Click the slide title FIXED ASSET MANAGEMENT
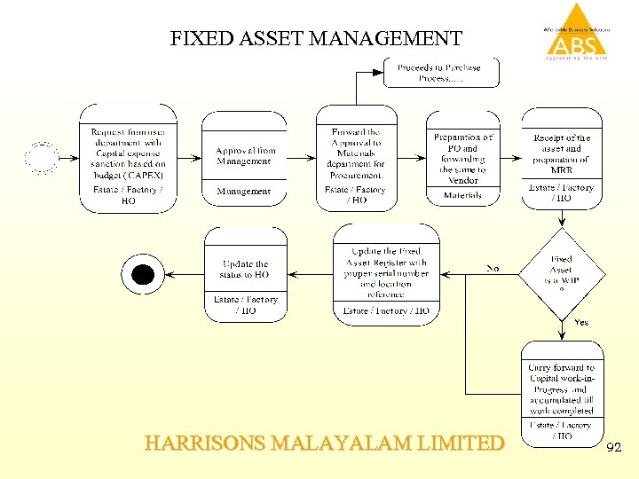pos(316,39)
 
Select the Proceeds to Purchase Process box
pos(440,72)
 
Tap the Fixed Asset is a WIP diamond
pos(561,271)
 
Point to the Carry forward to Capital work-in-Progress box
pos(561,389)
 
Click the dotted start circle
pos(41,158)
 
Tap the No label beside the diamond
pos(493,267)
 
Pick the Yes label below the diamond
pos(582,322)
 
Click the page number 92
pos(613,450)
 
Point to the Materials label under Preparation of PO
pos(462,195)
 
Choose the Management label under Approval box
pos(244,192)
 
